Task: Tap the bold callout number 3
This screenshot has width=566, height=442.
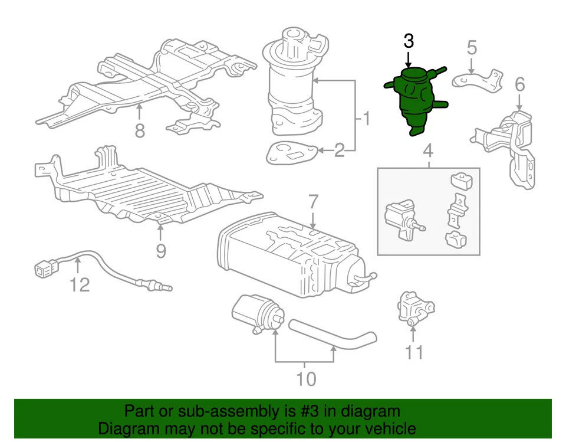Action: click(409, 41)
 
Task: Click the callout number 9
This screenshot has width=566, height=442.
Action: click(161, 251)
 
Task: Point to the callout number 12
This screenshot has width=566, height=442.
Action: click(80, 285)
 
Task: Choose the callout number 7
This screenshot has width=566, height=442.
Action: click(313, 202)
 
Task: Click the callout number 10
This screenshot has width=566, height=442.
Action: click(306, 378)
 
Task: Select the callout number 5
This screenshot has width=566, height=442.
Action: click(472, 47)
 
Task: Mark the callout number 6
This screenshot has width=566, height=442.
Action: click(519, 84)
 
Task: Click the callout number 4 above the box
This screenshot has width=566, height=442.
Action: click(428, 151)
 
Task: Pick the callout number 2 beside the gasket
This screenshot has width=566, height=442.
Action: click(339, 151)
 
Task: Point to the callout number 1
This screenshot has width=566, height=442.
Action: click(365, 120)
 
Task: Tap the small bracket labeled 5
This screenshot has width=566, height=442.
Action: click(478, 81)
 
